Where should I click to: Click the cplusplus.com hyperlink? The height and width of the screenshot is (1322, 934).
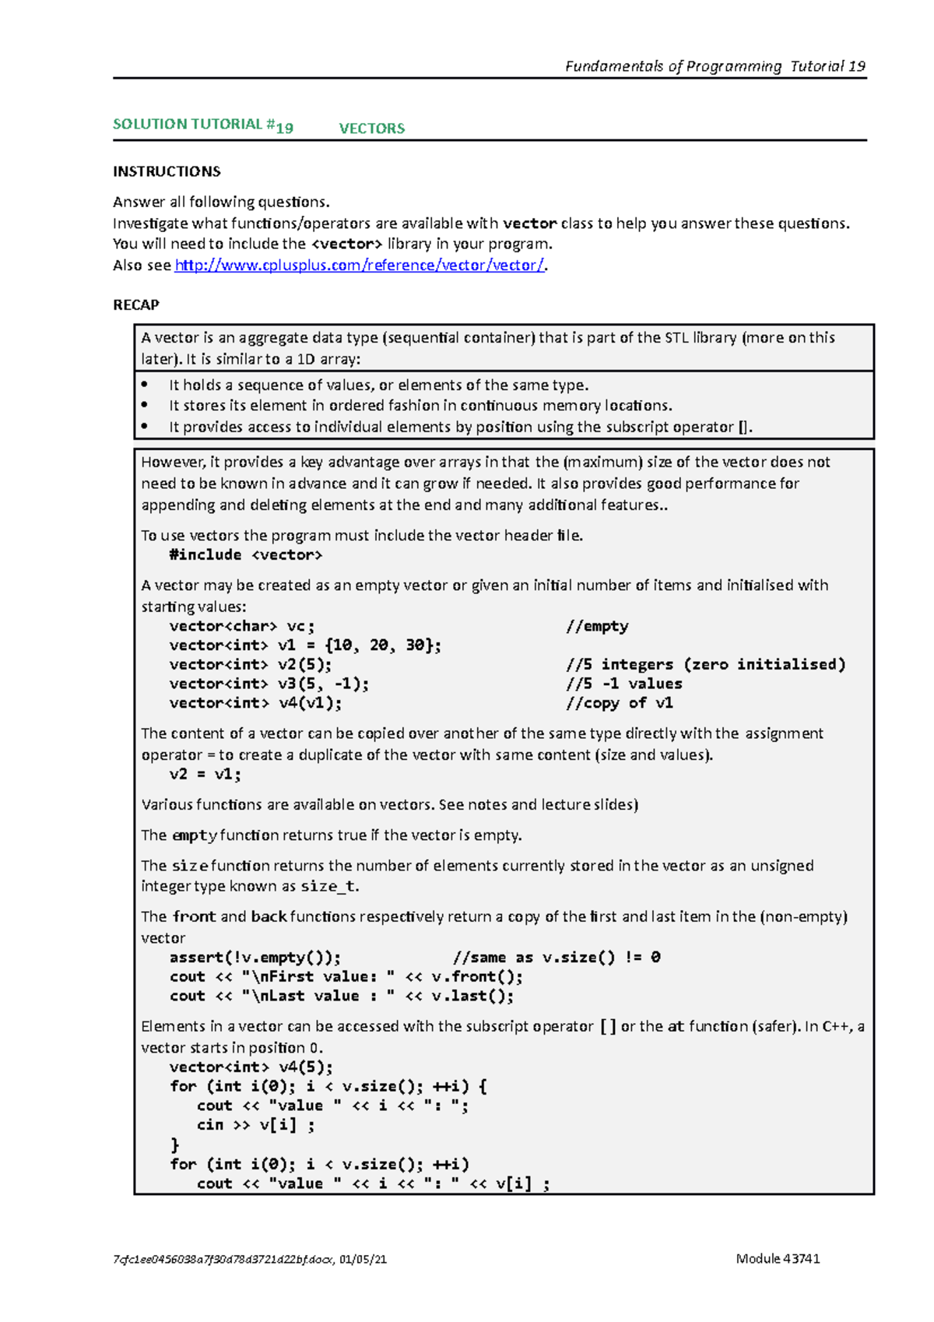(360, 265)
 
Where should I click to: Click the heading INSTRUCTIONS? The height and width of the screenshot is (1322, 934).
(167, 171)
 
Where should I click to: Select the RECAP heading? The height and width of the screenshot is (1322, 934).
(136, 305)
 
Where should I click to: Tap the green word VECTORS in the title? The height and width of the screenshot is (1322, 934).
(371, 128)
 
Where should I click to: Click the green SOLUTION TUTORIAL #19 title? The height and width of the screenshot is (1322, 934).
(203, 125)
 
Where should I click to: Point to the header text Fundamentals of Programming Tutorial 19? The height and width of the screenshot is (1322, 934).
(715, 66)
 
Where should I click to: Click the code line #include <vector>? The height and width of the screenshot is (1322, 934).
(245, 555)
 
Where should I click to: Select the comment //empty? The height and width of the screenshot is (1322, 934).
(597, 626)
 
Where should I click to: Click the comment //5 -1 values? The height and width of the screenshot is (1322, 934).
(623, 684)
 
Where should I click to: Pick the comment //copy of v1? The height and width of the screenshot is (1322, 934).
(619, 703)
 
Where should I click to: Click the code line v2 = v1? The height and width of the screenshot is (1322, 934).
(205, 775)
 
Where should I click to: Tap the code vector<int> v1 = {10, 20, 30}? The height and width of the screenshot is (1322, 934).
(305, 645)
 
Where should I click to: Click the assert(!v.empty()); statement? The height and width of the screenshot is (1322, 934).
(255, 958)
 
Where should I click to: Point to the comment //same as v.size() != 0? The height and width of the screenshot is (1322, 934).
(557, 958)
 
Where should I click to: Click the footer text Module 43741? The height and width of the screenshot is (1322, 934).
(778, 1259)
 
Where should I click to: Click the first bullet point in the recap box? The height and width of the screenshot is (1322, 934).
(378, 385)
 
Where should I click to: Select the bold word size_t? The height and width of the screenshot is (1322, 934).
(328, 887)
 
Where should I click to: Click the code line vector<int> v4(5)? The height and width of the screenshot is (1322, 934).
(251, 1067)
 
